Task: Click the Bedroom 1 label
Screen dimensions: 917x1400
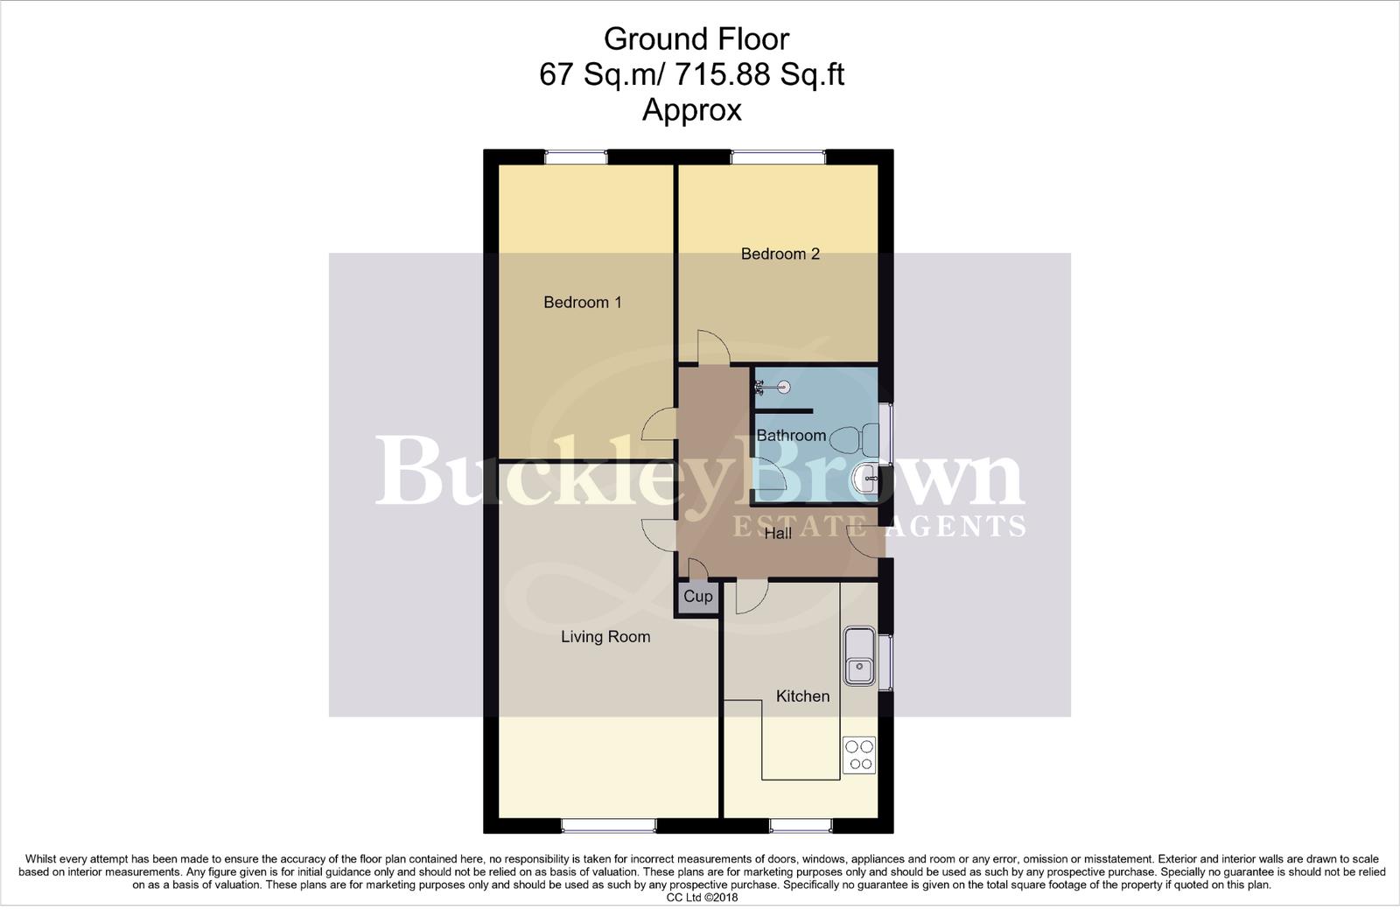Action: (582, 303)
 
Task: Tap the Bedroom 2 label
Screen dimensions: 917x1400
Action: (780, 255)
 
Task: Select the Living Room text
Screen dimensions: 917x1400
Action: (605, 637)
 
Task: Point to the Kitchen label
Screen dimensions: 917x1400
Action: (802, 696)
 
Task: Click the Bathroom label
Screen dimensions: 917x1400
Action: (791, 436)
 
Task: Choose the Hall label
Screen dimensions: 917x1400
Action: (778, 533)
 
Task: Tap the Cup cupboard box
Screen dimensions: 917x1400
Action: (697, 597)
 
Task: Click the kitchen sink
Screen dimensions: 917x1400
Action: (858, 655)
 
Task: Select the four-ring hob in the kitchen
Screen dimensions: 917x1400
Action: (858, 755)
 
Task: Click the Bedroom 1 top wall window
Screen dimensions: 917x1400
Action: (576, 157)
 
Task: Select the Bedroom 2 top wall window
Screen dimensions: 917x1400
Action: (778, 157)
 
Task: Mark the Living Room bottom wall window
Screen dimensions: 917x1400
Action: (607, 825)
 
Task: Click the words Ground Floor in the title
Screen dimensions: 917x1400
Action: (696, 38)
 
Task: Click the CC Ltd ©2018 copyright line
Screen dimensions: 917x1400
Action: (703, 897)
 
